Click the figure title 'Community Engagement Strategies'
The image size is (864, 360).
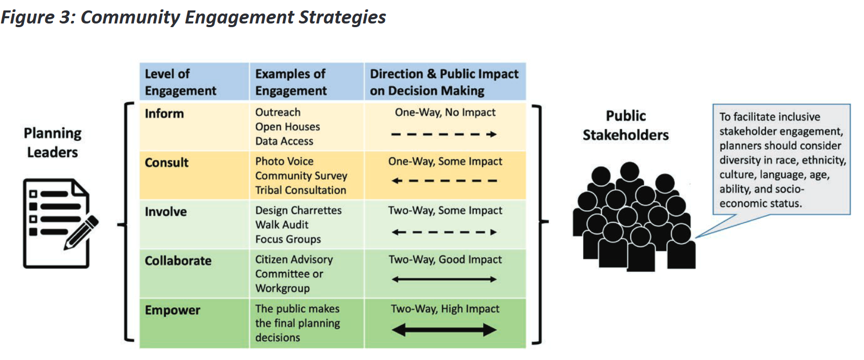coord(233,17)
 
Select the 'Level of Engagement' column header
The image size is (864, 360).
coord(181,82)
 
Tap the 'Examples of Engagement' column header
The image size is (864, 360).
coord(291,82)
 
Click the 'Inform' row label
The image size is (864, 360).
coord(164,113)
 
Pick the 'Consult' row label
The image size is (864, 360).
coord(166,162)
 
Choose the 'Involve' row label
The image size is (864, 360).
coord(166,211)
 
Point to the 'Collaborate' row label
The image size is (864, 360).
coord(178,260)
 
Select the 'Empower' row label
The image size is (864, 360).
coord(172,310)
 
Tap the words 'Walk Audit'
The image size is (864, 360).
coord(282,224)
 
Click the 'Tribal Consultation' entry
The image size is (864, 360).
coord(301,190)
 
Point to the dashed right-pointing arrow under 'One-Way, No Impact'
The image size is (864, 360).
coord(444,134)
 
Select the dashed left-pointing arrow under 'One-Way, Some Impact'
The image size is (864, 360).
coord(444,181)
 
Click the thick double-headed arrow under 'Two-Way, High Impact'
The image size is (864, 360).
coord(444,330)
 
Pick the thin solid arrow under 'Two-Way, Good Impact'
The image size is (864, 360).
coord(444,279)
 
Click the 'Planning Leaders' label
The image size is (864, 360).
coord(53,142)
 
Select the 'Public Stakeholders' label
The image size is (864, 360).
coord(626,125)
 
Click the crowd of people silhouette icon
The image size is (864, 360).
coord(634,217)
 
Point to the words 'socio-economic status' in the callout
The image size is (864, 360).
coord(761,196)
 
